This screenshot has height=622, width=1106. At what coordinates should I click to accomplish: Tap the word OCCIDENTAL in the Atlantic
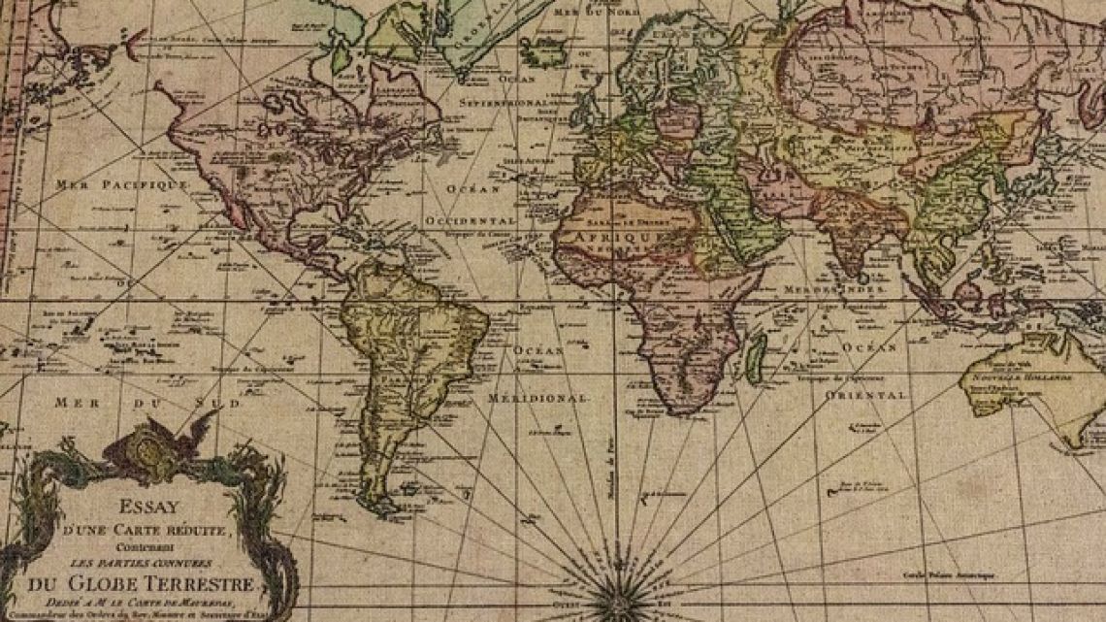(x=470, y=221)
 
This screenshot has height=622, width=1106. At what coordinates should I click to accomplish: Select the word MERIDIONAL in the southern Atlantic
(x=537, y=398)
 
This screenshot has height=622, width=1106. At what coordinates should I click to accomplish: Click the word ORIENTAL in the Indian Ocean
(x=866, y=395)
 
